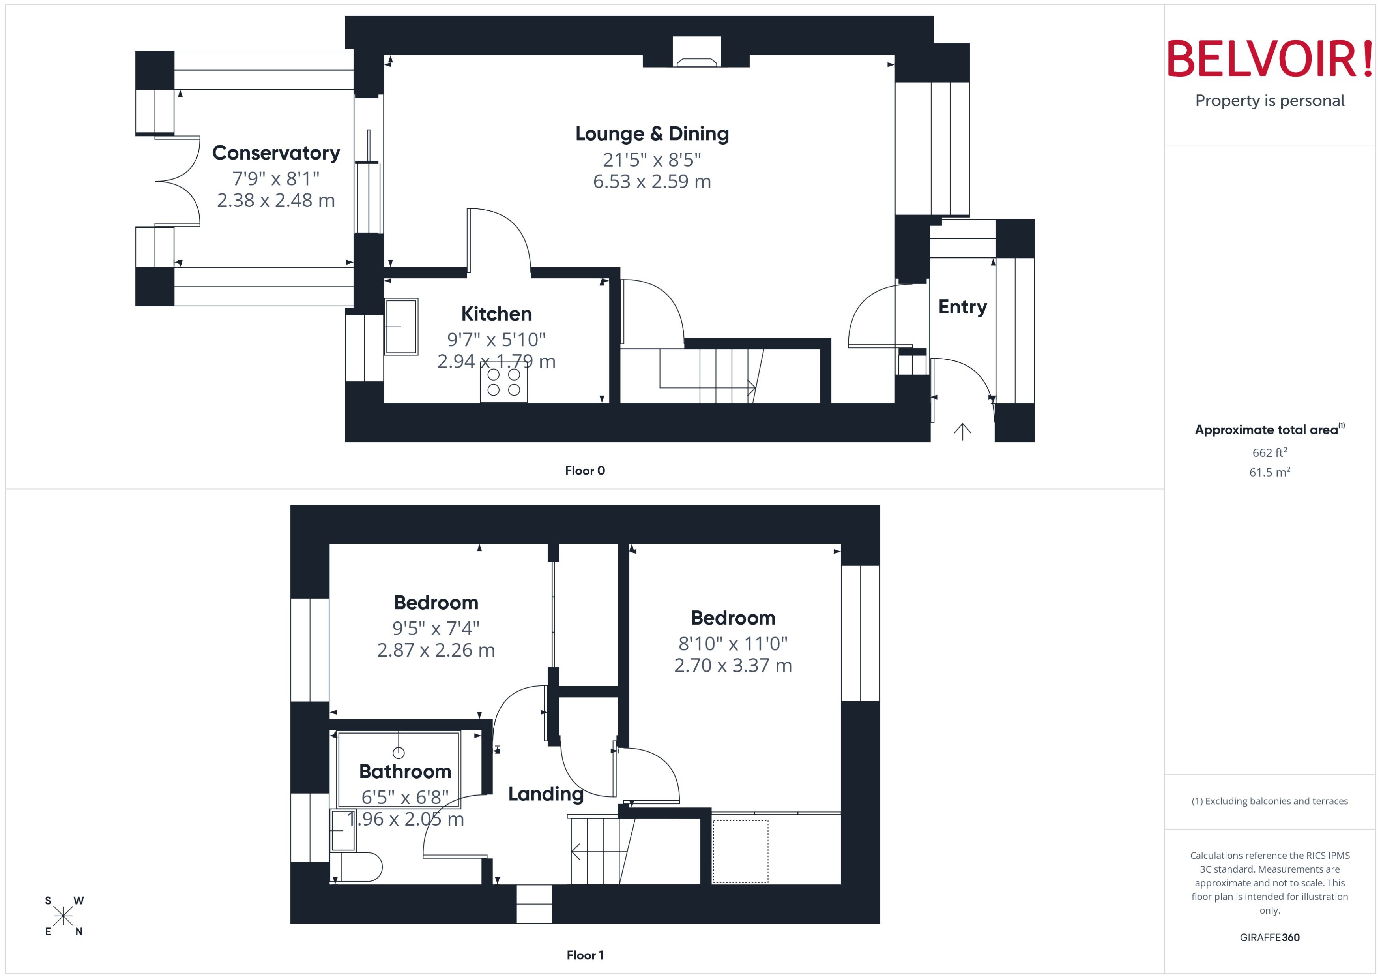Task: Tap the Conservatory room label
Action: coord(275,153)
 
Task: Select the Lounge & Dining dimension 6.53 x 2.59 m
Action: coord(652,181)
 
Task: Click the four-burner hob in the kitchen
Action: coord(503,383)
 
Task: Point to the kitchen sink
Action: coord(401,327)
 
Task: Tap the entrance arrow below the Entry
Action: coord(962,431)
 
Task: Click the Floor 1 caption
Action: coord(584,955)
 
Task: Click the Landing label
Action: coord(545,794)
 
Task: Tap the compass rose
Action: coord(63,916)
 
